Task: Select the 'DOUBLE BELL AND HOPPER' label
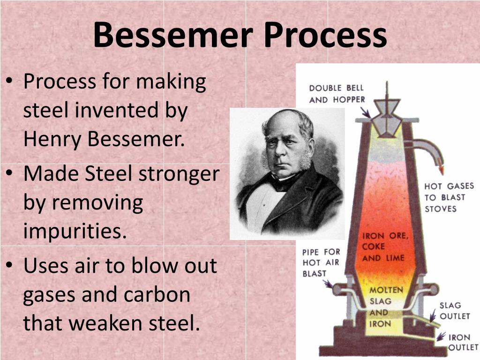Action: [337, 94]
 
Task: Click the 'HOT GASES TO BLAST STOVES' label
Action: [449, 197]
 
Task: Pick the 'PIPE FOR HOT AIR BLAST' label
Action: [321, 262]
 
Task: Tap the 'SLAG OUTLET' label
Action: [455, 311]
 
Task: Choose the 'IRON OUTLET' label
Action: [463, 342]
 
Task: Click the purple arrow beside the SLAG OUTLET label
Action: [433, 315]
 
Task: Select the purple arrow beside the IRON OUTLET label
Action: [441, 336]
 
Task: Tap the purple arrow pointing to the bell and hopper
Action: [366, 112]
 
